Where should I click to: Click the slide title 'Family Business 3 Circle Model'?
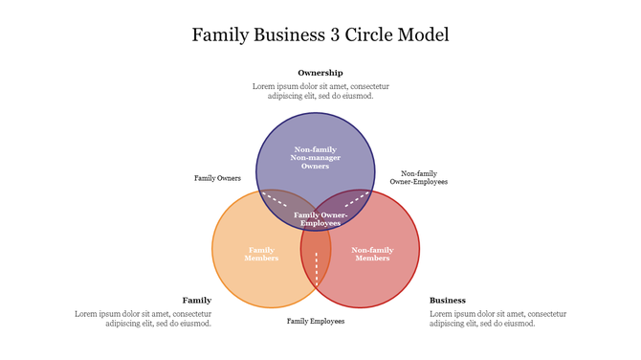point(320,34)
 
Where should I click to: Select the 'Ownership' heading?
point(320,73)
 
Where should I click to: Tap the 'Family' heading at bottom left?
point(197,300)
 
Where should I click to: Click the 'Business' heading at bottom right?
point(448,300)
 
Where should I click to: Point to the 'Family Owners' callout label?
point(217,178)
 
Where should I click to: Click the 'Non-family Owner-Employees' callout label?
point(418,177)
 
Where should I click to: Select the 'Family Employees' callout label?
point(315,321)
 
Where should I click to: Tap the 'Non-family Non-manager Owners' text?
point(315,158)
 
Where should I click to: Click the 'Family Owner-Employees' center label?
point(320,218)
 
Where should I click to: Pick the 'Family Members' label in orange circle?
point(261,254)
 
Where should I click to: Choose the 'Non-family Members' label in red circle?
point(372,254)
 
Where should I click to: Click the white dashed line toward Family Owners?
point(275,199)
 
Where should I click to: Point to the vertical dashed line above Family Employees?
point(317,269)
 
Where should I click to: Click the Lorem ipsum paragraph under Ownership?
point(320,91)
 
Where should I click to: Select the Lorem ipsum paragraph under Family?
point(144,319)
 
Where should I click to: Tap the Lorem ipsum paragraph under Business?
point(497,319)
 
